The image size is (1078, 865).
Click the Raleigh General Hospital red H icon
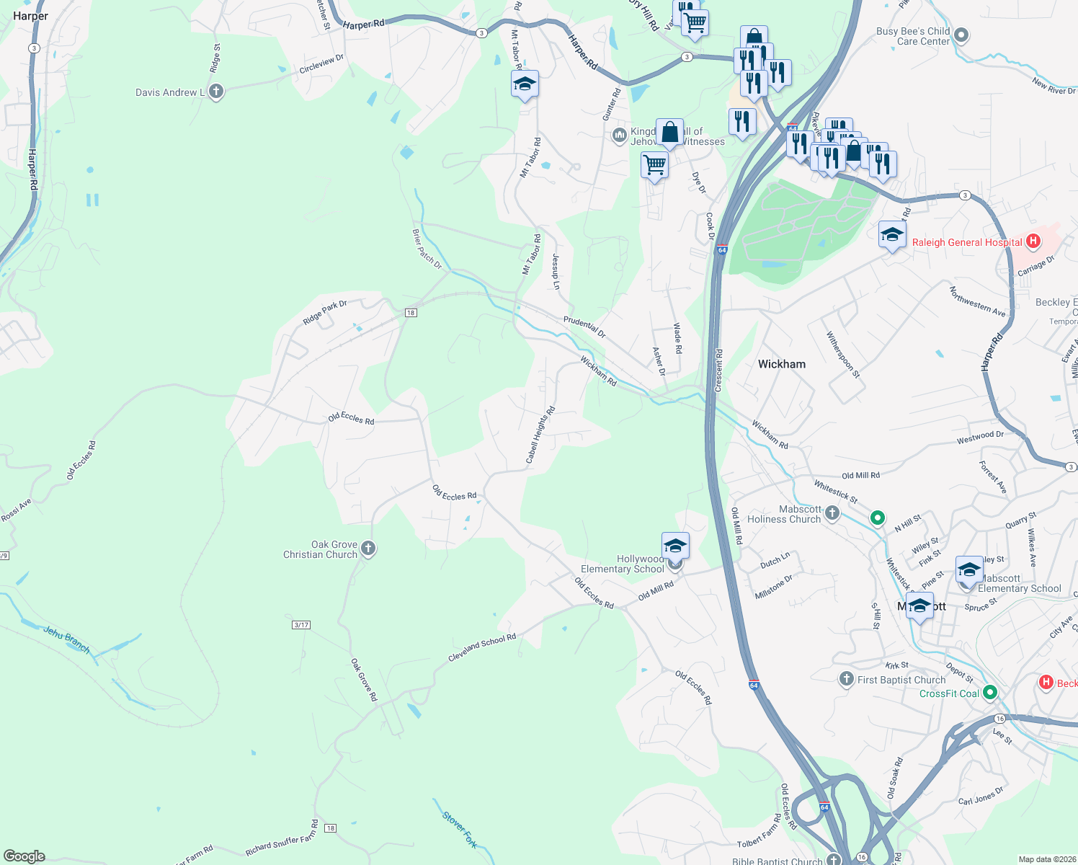[1033, 241]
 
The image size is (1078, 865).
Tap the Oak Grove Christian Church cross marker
[368, 549]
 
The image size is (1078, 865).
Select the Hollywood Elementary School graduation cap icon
[675, 546]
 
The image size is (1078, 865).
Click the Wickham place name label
[781, 364]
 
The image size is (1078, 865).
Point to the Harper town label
[30, 16]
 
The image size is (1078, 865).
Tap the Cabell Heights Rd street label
[540, 435]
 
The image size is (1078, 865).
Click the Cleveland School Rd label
[482, 647]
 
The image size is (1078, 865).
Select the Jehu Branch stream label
[66, 639]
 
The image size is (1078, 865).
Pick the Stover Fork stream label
[460, 829]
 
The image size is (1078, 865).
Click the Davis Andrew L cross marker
[215, 92]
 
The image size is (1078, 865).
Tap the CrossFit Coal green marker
[990, 693]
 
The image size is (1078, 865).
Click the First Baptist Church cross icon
[847, 679]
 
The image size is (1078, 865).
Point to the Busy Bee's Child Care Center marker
[961, 35]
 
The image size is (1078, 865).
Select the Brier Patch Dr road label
[427, 249]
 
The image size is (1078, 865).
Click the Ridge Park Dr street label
[325, 312]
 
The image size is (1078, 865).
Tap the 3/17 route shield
[301, 624]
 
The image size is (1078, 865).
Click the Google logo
[24, 856]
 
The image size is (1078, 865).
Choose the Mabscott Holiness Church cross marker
[832, 513]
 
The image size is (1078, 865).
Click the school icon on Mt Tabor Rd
[525, 84]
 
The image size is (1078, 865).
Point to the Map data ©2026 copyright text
[1044, 859]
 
